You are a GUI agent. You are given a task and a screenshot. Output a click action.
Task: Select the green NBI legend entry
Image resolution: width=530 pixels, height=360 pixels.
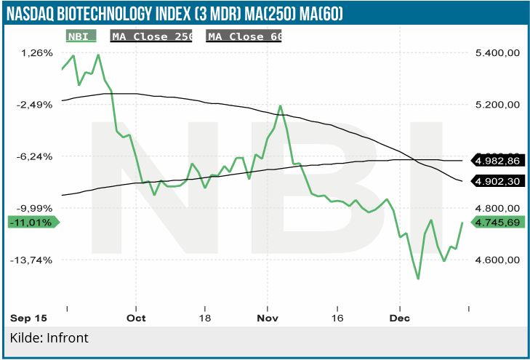click(80, 36)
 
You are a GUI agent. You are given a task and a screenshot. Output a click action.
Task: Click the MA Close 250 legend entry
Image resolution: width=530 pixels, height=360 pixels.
click(151, 36)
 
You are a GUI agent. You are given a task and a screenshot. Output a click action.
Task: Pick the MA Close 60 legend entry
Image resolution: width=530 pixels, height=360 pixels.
click(244, 36)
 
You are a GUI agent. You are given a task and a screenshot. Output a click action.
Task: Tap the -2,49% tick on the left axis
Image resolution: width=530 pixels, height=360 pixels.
click(35, 104)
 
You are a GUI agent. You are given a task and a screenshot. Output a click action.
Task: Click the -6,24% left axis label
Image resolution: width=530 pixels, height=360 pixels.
click(35, 156)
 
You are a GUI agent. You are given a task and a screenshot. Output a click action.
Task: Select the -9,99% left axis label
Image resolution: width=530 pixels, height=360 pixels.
click(35, 207)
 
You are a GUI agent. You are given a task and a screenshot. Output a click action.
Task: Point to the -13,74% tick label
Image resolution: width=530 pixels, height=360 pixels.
click(33, 260)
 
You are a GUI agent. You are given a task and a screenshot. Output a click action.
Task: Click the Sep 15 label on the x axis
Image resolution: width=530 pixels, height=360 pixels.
click(28, 319)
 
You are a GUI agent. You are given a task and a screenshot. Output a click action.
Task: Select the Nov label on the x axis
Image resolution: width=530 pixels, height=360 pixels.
click(268, 319)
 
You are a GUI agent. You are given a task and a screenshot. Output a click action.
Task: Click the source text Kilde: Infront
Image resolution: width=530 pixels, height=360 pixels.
click(49, 338)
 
